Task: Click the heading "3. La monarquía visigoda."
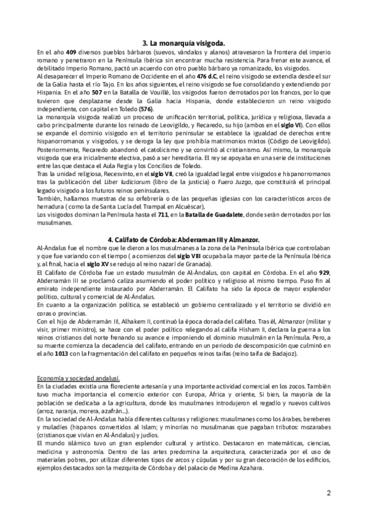[184, 43]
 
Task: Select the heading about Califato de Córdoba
[184, 237]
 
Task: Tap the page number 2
[329, 493]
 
